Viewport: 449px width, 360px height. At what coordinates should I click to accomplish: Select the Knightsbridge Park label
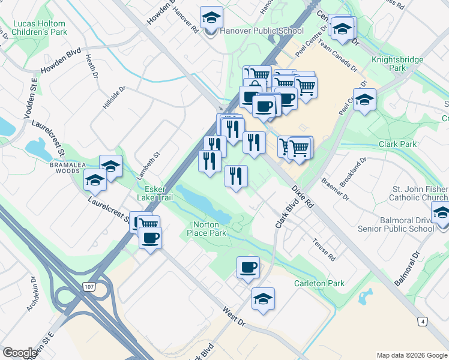click(x=397, y=64)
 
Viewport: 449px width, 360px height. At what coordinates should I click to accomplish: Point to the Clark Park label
click(x=397, y=145)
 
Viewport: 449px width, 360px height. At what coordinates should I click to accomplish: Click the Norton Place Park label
click(x=206, y=228)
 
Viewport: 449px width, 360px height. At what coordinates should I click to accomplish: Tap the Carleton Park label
click(x=319, y=283)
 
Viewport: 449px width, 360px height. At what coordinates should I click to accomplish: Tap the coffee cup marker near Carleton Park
click(x=248, y=267)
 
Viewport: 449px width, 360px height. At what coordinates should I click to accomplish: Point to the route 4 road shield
click(x=424, y=322)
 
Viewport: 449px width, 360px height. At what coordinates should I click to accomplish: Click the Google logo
click(x=20, y=353)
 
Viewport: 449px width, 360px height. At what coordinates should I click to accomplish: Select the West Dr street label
click(x=234, y=316)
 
